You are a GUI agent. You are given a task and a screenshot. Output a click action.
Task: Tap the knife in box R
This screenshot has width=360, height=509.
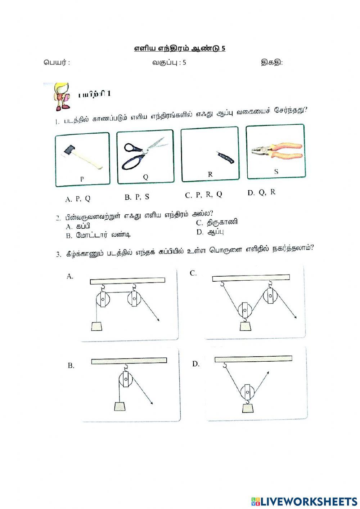point(226,157)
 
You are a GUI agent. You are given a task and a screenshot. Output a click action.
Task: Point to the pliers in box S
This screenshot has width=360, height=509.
point(276,152)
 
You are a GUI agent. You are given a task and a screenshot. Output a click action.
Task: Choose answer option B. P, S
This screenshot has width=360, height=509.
point(137,197)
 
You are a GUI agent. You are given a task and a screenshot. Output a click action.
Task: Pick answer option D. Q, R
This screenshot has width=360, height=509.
point(261,192)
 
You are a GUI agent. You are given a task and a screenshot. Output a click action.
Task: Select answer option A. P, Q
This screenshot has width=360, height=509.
point(78,199)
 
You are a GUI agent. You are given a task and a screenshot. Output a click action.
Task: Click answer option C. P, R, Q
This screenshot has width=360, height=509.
point(203,195)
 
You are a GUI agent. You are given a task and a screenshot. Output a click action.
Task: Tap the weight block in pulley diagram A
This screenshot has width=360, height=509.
point(96,326)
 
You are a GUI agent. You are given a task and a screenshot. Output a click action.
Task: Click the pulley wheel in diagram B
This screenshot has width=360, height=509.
point(126,380)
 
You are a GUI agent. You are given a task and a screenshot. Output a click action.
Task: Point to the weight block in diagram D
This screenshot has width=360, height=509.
point(248,408)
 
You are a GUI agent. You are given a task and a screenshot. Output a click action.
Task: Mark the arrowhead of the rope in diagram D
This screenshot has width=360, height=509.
point(268,372)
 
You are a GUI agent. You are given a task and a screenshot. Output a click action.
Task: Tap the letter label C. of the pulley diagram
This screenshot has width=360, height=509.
point(193,273)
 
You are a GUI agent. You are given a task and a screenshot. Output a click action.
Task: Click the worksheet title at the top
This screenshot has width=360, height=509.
point(180,48)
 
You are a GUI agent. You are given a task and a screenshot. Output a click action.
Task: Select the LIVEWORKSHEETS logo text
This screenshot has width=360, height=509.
point(308,501)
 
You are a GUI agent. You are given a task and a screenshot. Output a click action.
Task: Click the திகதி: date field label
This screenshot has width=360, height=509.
point(272,63)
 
